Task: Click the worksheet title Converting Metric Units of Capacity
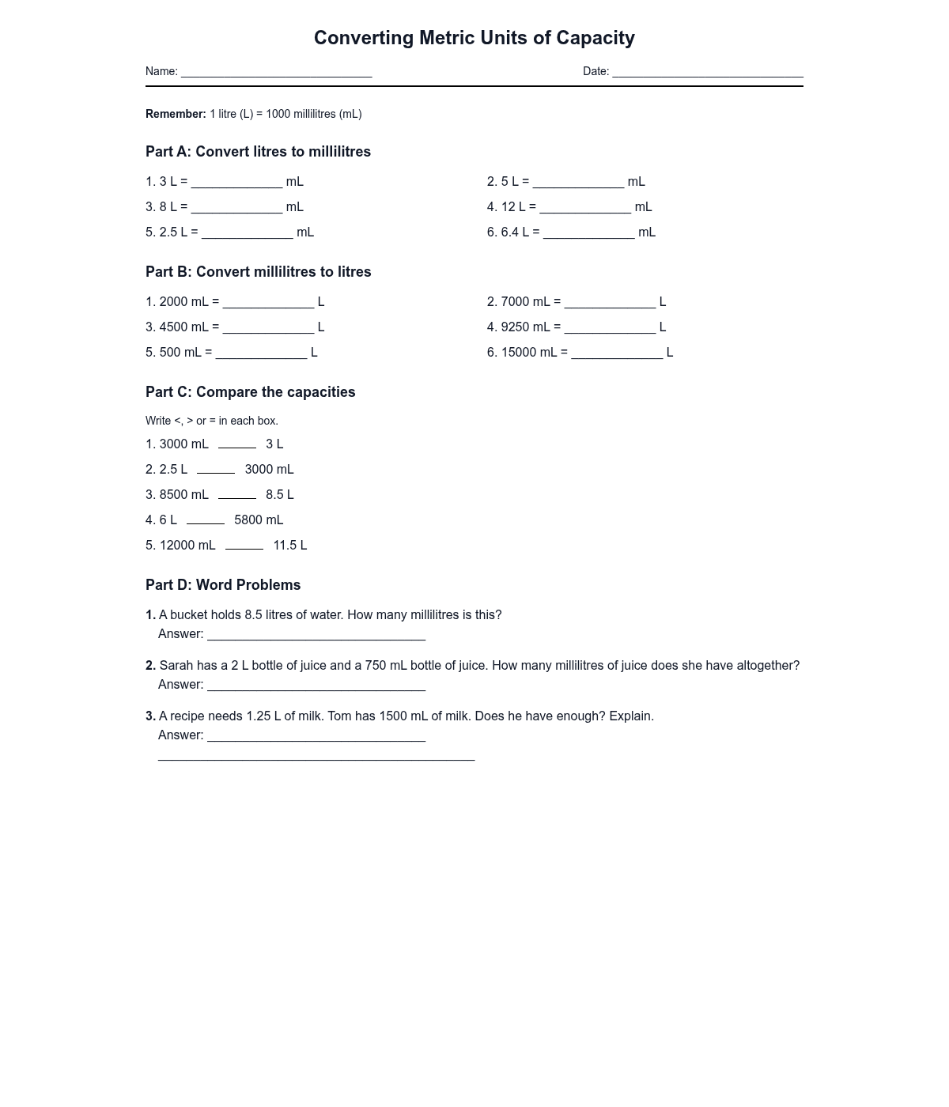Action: pos(474,38)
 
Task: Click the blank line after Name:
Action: pos(276,73)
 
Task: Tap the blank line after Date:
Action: pos(707,73)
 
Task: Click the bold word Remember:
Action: pos(176,114)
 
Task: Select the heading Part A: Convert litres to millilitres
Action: pos(258,152)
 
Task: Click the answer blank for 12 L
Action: pos(584,209)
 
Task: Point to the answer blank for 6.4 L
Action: pos(588,234)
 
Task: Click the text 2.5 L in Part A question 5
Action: pos(173,232)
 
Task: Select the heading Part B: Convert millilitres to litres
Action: pos(258,272)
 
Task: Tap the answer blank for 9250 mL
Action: pos(610,329)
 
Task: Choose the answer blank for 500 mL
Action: pos(261,354)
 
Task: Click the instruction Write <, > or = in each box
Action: pos(211,421)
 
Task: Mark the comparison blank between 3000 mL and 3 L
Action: pos(236,445)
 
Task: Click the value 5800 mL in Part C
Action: pos(259,520)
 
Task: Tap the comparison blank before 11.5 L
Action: pos(244,546)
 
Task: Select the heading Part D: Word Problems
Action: pos(223,585)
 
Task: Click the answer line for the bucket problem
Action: pos(316,636)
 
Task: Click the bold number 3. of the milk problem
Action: pos(150,716)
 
